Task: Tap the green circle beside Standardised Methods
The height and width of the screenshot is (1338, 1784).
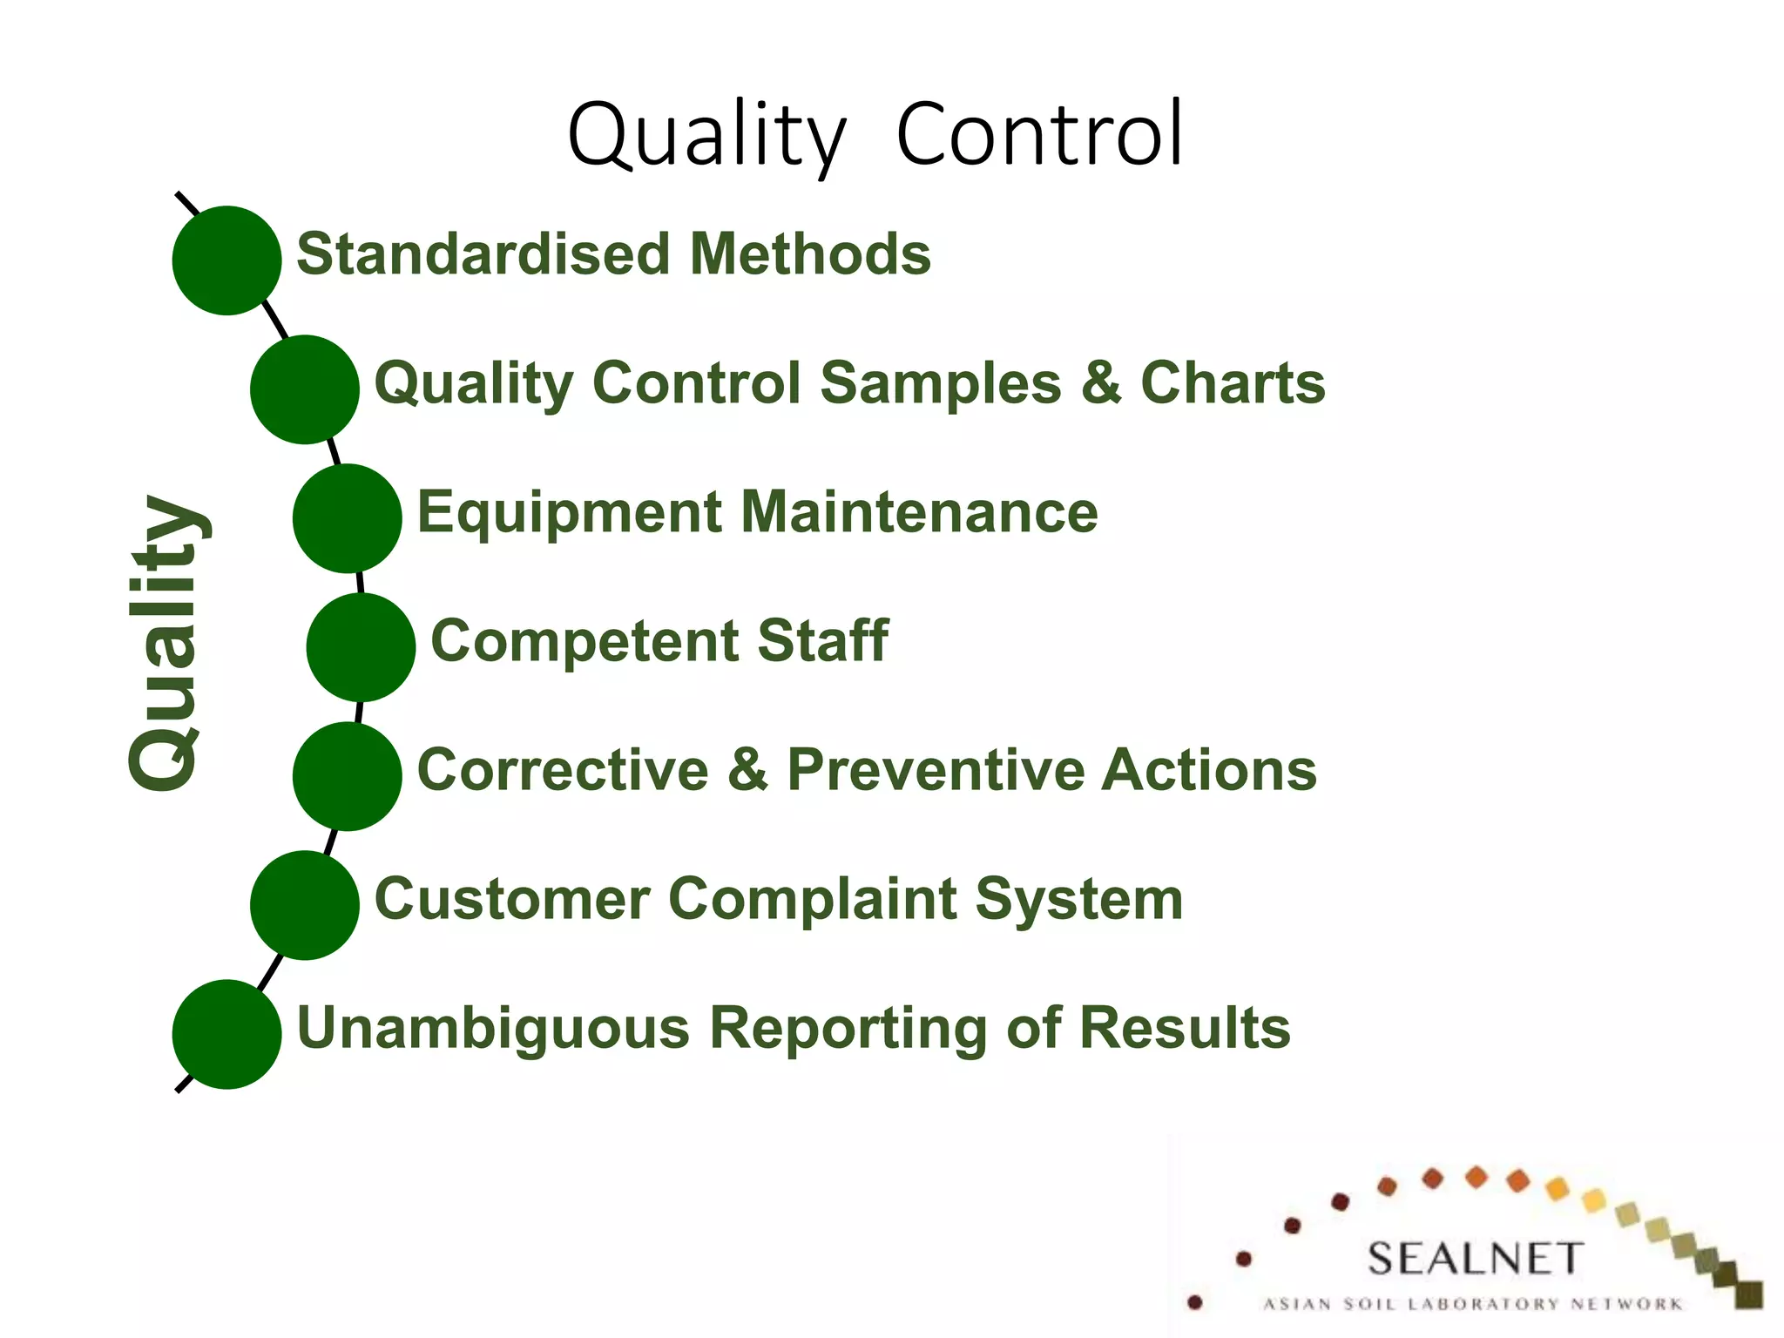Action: [226, 260]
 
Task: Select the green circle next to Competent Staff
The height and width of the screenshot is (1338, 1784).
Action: [361, 647]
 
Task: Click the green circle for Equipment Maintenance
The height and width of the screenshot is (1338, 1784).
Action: [347, 518]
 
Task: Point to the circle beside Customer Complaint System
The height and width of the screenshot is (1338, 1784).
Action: [304, 905]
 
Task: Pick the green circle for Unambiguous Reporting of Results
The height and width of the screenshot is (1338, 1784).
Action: [226, 1034]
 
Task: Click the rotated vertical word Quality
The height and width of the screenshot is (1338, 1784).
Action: [166, 643]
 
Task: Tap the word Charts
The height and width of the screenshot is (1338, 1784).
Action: [1233, 383]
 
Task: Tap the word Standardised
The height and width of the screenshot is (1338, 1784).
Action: [483, 254]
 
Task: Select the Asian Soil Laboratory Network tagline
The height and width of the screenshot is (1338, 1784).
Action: [1472, 1304]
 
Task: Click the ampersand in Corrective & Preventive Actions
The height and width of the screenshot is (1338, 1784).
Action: [747, 770]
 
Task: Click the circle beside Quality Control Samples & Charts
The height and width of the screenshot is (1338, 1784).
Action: [304, 389]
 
